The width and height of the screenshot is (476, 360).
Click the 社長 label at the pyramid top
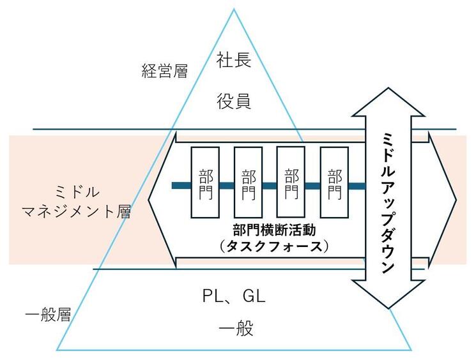234,59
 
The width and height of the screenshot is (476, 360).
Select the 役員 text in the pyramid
234,101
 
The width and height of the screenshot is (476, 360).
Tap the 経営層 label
164,71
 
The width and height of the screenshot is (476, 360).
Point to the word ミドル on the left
78,192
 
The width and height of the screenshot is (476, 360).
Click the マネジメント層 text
77,211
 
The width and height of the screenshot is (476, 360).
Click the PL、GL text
234,296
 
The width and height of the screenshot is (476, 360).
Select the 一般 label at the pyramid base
236,329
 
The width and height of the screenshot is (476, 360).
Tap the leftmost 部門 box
205,183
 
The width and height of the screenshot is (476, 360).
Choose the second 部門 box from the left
248,183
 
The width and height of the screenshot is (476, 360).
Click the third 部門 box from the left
291,182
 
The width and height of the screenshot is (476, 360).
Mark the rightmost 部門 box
334,183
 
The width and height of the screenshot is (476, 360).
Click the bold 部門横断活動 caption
275,230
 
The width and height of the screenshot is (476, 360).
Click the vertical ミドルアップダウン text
388,202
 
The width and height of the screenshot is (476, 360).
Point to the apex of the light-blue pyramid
234,9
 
